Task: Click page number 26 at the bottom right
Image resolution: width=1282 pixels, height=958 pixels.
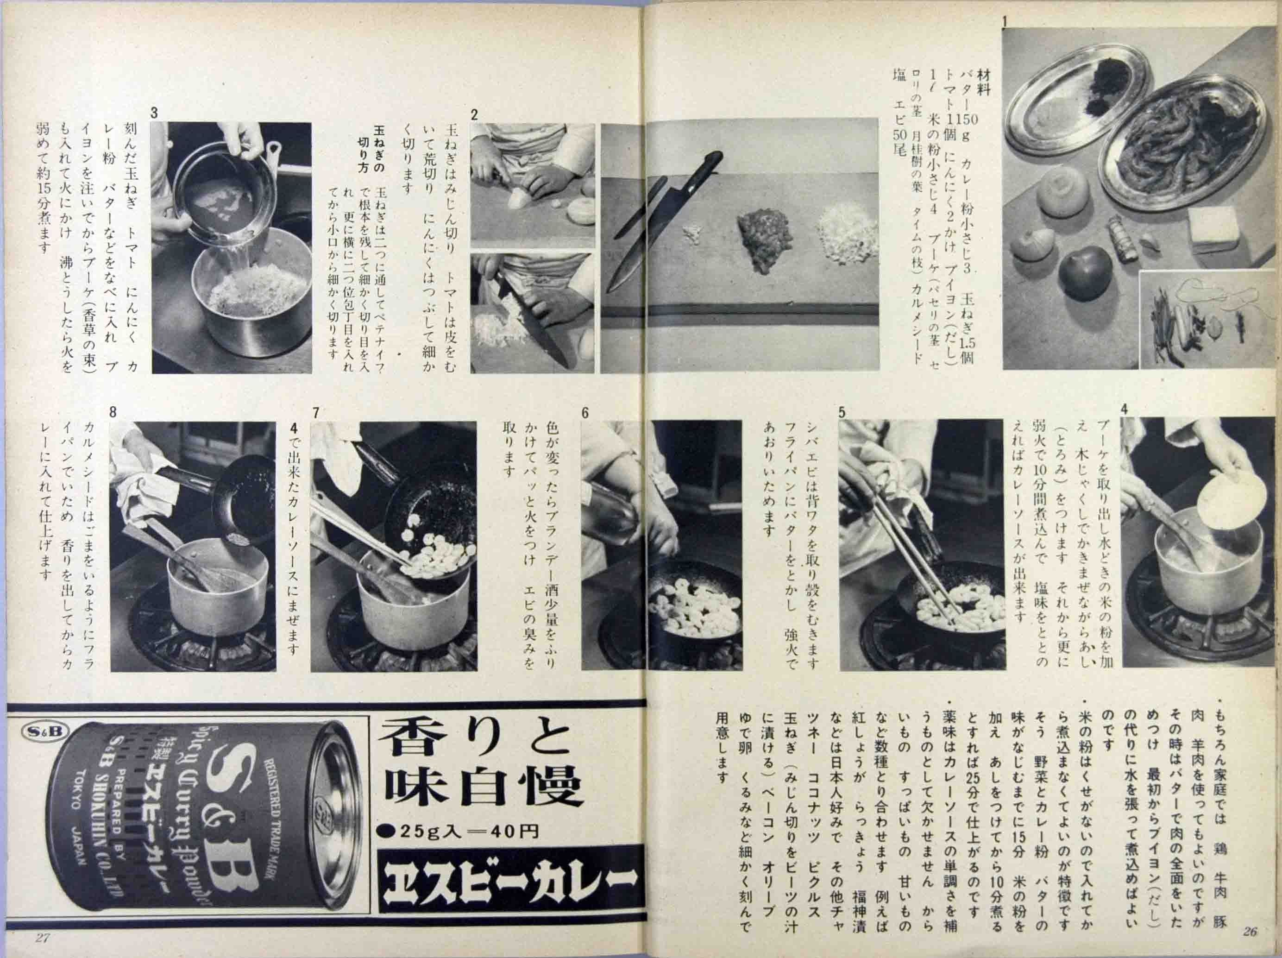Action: [1250, 931]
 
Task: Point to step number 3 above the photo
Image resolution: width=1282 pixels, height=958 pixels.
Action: [154, 113]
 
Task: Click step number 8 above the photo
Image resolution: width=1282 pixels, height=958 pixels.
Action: [113, 412]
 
